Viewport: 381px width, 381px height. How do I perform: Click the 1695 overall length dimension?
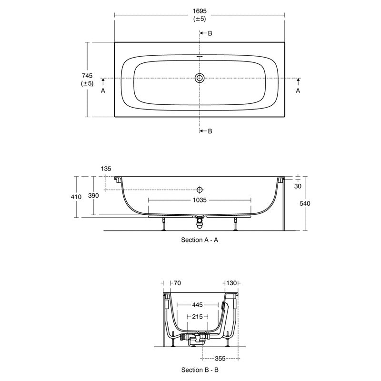click(200, 10)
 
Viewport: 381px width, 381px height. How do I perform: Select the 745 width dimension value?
click(87, 75)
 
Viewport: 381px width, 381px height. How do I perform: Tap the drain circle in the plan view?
click(200, 78)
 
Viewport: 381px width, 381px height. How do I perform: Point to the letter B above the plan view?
click(210, 33)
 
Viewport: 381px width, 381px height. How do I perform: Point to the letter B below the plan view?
click(210, 131)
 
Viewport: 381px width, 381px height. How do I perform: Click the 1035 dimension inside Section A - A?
click(200, 201)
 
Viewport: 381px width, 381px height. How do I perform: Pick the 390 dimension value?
click(94, 197)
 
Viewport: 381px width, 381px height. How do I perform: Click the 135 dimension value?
click(106, 169)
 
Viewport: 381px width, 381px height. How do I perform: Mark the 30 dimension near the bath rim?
click(298, 186)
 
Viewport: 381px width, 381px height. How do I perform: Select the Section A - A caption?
click(200, 241)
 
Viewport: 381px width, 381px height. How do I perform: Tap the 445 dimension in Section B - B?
click(200, 304)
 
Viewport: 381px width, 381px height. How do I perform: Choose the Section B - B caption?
click(200, 370)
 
